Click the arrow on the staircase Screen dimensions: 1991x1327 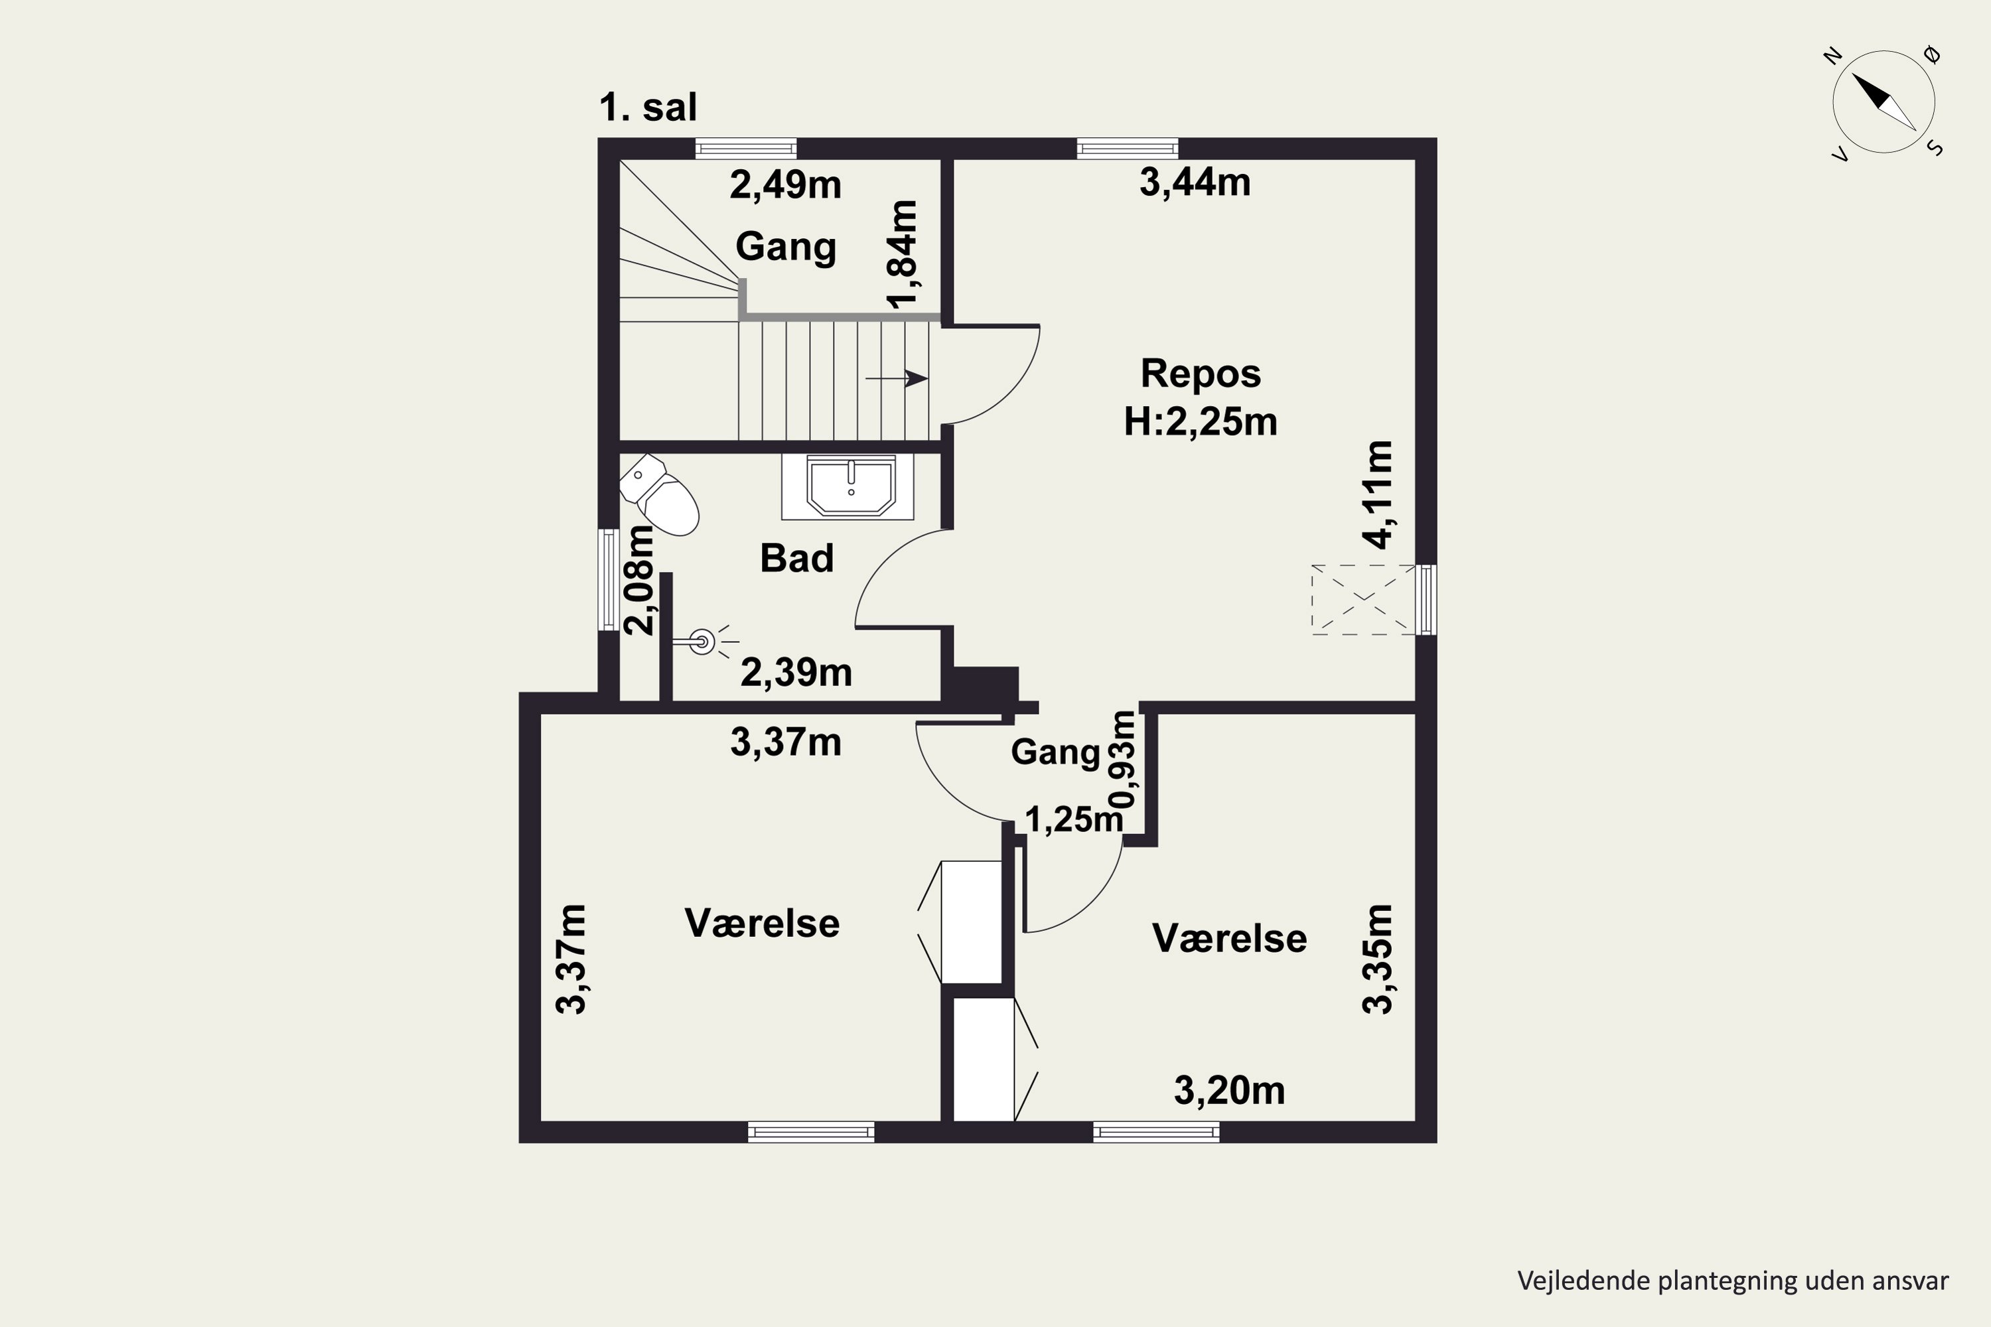897,378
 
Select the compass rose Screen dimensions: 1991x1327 1883,102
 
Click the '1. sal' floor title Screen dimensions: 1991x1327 648,107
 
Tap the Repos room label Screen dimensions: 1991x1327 1201,373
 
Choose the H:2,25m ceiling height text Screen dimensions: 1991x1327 1201,421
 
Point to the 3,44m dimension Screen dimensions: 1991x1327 1195,182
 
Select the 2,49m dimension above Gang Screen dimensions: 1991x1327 786,184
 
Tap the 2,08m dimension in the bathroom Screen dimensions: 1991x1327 640,580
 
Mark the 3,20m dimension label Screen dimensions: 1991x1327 1229,1091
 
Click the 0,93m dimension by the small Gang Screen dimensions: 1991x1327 1124,759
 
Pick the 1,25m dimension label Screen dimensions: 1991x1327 1073,819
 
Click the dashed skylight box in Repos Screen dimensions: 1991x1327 1363,599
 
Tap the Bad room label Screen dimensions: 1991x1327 796,559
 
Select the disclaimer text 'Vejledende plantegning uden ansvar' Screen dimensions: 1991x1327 1733,1281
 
